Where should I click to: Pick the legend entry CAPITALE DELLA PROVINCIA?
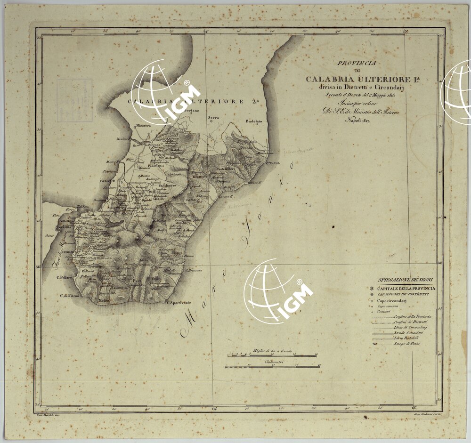[x=406, y=288]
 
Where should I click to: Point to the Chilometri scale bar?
[x=273, y=366]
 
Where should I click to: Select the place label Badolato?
[x=254, y=121]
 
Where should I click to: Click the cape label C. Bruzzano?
[x=193, y=270]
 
